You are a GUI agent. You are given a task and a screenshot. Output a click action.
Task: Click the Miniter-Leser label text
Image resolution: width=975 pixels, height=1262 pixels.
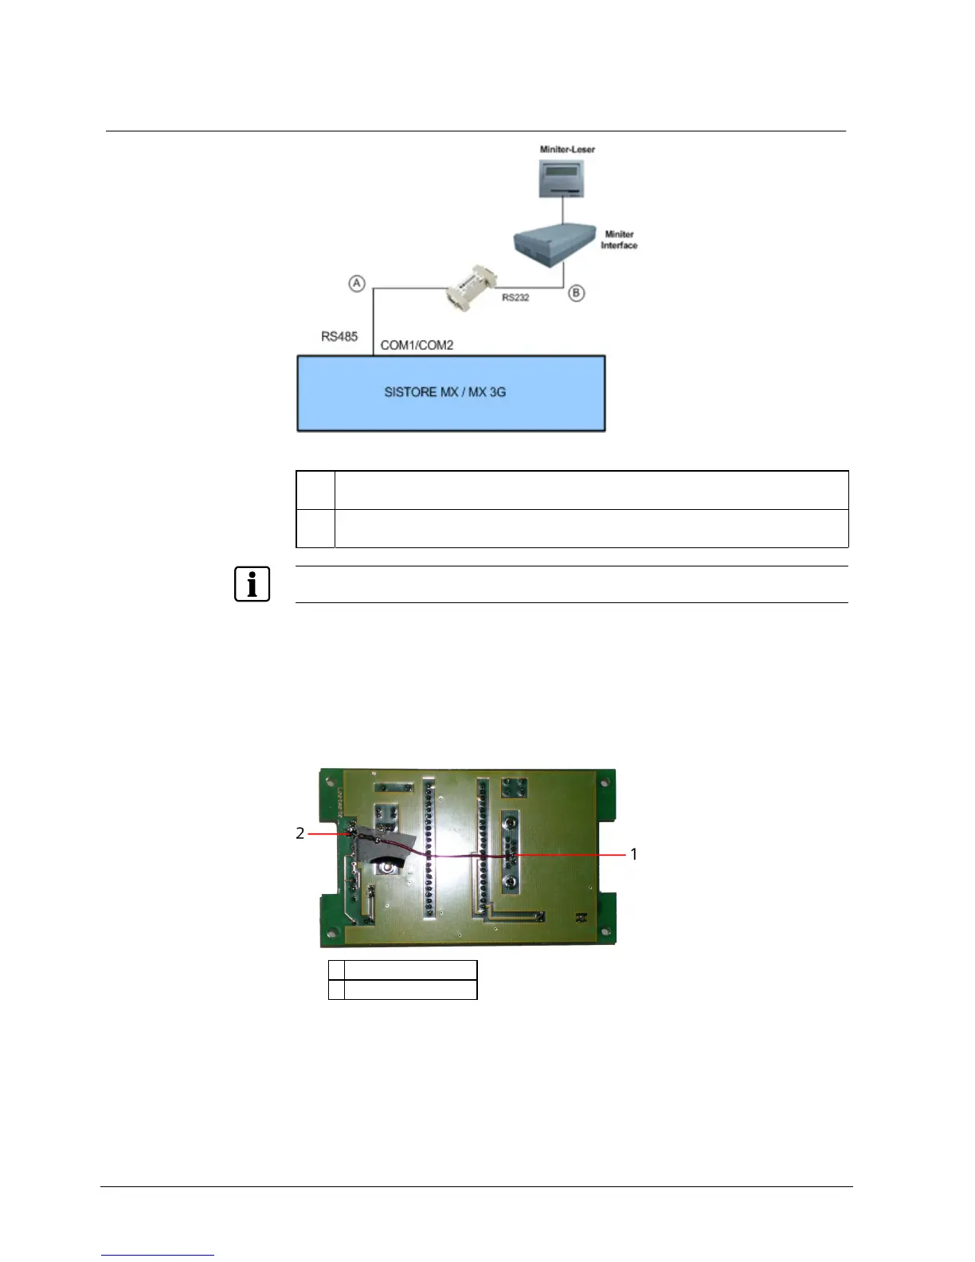567,149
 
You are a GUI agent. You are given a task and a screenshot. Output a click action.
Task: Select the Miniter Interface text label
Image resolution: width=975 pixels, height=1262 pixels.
619,240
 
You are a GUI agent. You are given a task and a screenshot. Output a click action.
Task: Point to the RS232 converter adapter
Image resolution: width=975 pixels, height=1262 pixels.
471,288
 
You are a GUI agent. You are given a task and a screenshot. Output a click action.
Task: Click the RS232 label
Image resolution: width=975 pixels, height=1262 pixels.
515,298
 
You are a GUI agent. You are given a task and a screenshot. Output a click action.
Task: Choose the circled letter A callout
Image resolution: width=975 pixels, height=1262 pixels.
357,283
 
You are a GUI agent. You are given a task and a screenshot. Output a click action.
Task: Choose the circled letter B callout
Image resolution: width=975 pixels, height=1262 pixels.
576,293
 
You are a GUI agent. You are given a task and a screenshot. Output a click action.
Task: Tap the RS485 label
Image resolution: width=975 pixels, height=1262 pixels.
339,336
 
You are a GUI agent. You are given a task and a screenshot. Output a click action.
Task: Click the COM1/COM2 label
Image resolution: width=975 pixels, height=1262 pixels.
417,346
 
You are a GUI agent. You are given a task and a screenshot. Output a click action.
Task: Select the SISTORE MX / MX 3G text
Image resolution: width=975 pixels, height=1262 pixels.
444,392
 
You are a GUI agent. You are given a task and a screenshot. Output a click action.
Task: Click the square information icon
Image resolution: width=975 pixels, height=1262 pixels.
252,584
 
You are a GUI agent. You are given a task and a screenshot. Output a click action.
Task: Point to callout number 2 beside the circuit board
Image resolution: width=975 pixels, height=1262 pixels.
300,833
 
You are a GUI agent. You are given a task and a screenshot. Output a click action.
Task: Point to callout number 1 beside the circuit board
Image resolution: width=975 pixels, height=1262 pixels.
634,854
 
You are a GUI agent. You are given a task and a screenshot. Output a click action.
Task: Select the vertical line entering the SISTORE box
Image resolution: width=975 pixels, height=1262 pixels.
374,323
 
